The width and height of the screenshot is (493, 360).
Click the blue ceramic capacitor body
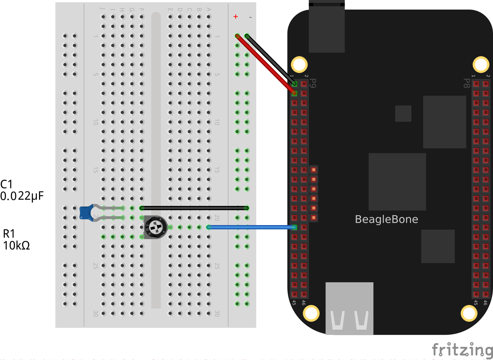click(86, 213)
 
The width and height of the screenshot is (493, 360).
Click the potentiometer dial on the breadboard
click(155, 227)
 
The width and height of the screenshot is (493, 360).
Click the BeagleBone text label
click(387, 219)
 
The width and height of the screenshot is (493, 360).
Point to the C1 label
click(6, 184)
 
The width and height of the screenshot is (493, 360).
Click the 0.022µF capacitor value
click(22, 196)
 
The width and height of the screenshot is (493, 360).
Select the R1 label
click(9, 234)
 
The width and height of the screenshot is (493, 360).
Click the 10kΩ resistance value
click(16, 245)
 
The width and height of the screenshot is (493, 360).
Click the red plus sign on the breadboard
click(236, 17)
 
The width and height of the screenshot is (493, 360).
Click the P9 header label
click(313, 83)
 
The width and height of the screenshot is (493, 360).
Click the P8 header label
click(467, 83)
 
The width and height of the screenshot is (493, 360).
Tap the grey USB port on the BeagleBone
click(349, 308)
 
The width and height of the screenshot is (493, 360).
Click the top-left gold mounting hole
click(299, 65)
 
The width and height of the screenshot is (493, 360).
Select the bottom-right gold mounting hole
click(469, 313)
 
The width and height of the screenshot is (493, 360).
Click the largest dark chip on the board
click(397, 181)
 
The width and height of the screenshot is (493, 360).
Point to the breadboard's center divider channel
click(156, 160)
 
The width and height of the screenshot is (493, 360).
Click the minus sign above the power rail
click(250, 17)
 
